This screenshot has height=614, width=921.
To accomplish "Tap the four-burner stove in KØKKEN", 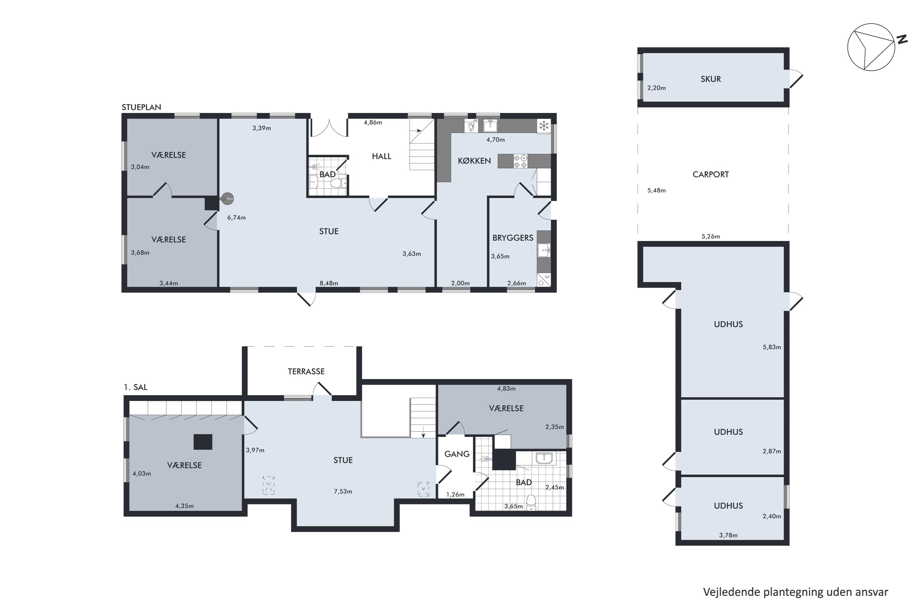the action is [x=520, y=161].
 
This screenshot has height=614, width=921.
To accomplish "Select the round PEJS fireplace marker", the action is [x=227, y=199].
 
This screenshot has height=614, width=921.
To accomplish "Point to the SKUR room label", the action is [x=710, y=79].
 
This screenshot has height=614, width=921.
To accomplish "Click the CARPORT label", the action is [x=710, y=175].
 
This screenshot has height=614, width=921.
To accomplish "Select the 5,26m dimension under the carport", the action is [x=710, y=236].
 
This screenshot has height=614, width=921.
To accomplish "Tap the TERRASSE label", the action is [x=306, y=371].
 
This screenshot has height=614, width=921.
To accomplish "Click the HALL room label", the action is [x=381, y=156].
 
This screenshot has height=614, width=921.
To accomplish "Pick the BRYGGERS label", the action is [x=513, y=238].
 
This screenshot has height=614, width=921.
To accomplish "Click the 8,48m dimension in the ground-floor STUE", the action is [x=328, y=283].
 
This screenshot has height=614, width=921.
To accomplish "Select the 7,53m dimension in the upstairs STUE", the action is [x=343, y=492].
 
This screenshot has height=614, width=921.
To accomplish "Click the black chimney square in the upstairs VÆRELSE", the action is [x=203, y=442].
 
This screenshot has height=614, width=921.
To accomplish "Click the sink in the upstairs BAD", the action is [x=544, y=458].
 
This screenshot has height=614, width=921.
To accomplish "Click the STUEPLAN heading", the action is [x=141, y=107].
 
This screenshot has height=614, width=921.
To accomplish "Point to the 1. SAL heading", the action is [x=135, y=387].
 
